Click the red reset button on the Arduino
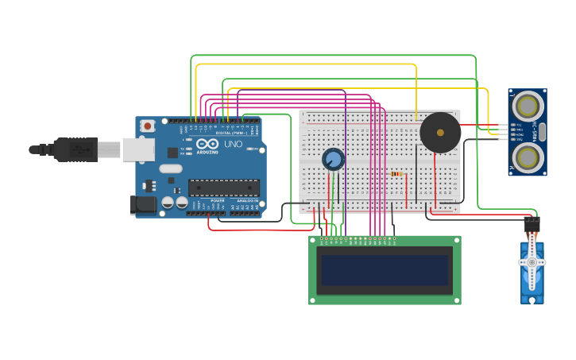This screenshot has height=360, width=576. pos(148,126)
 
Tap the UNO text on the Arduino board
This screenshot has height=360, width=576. pos(234,145)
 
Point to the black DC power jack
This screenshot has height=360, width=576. pos(143,204)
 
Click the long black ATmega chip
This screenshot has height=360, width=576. pos(223,188)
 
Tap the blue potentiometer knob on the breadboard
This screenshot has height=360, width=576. pos(333,160)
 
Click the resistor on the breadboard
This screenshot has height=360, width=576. pos(396,173)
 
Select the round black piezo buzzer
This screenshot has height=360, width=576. pos(439,132)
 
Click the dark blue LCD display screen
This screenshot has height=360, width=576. pos(385,270)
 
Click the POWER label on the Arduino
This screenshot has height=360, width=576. pos(217,200)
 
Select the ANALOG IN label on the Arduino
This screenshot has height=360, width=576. pos(247,200)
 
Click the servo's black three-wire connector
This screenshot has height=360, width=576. pos(532,225)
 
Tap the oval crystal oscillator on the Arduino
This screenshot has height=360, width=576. pos(170,168)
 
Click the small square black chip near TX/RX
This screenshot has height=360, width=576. pos(173,152)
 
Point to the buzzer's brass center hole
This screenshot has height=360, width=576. pos(439,132)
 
